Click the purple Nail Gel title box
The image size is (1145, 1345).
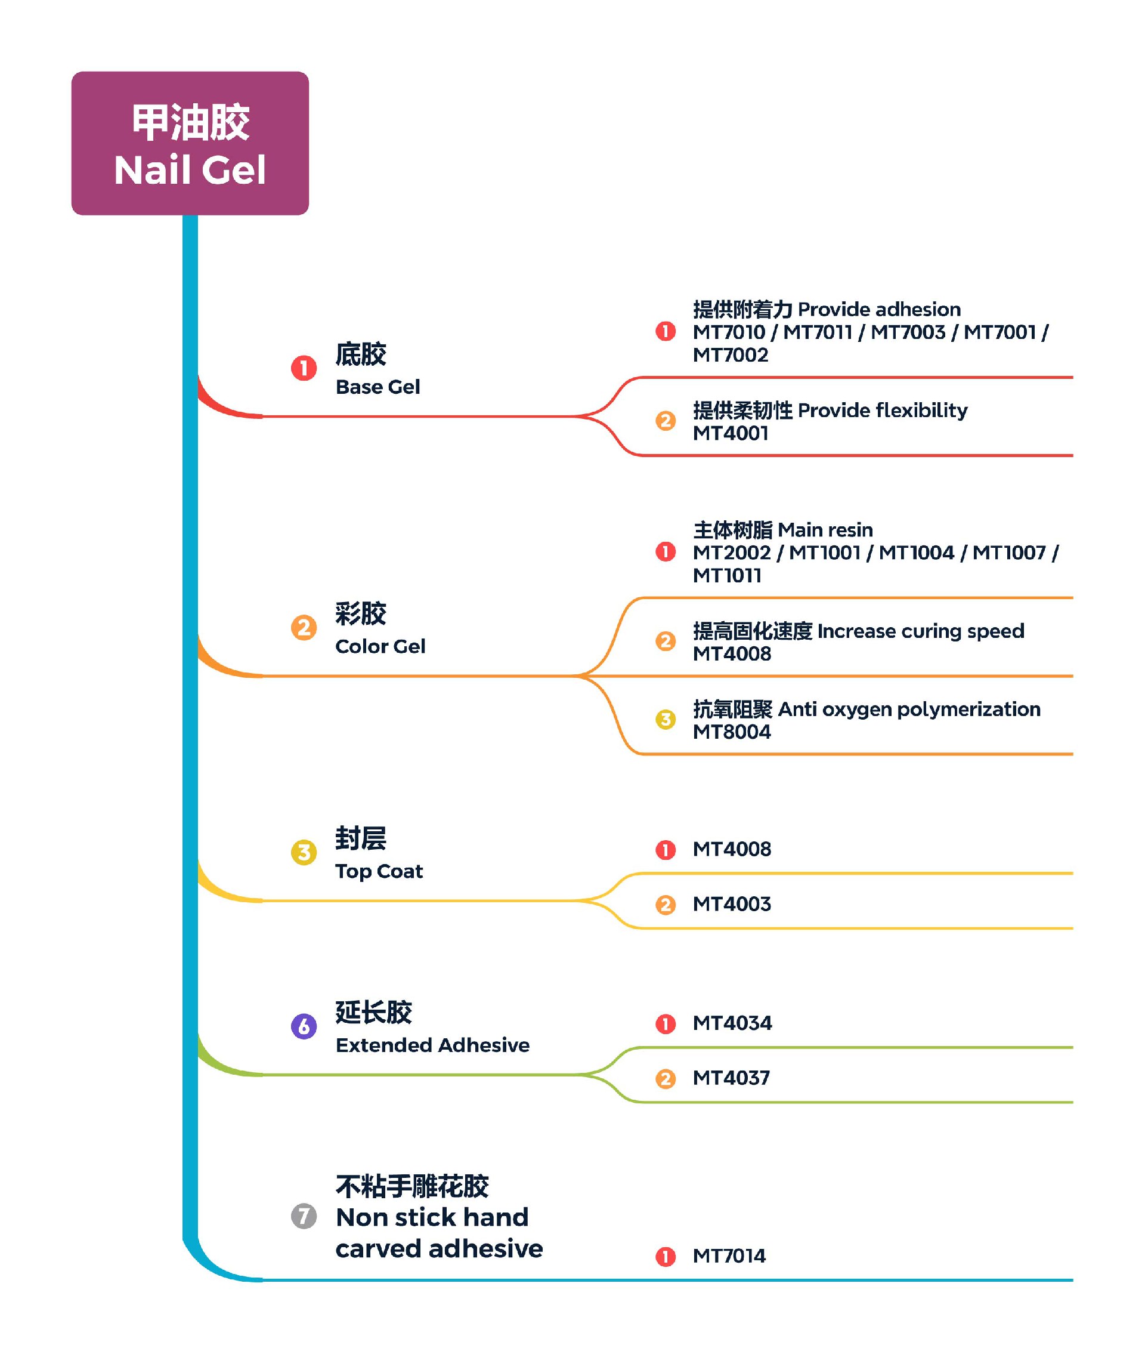[x=190, y=143]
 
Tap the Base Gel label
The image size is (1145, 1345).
[x=377, y=387]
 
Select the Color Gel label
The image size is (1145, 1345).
[x=380, y=646]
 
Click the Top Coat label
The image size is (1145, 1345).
[x=379, y=871]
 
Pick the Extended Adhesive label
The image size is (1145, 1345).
[x=432, y=1044]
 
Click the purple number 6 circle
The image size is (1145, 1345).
[x=304, y=1026]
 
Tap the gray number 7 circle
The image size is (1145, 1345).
[x=304, y=1216]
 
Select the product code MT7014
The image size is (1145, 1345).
[x=729, y=1255]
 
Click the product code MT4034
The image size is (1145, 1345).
[x=732, y=1023]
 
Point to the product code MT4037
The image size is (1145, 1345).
[x=731, y=1078]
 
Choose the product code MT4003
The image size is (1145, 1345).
[x=731, y=903]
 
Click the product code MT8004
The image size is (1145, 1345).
[x=731, y=732]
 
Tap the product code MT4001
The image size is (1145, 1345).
[x=730, y=433]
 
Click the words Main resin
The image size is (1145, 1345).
[x=825, y=530]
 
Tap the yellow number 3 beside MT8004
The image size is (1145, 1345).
[x=665, y=719]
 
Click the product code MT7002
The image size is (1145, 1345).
[x=730, y=355]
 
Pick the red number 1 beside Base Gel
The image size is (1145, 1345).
[x=304, y=368]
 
